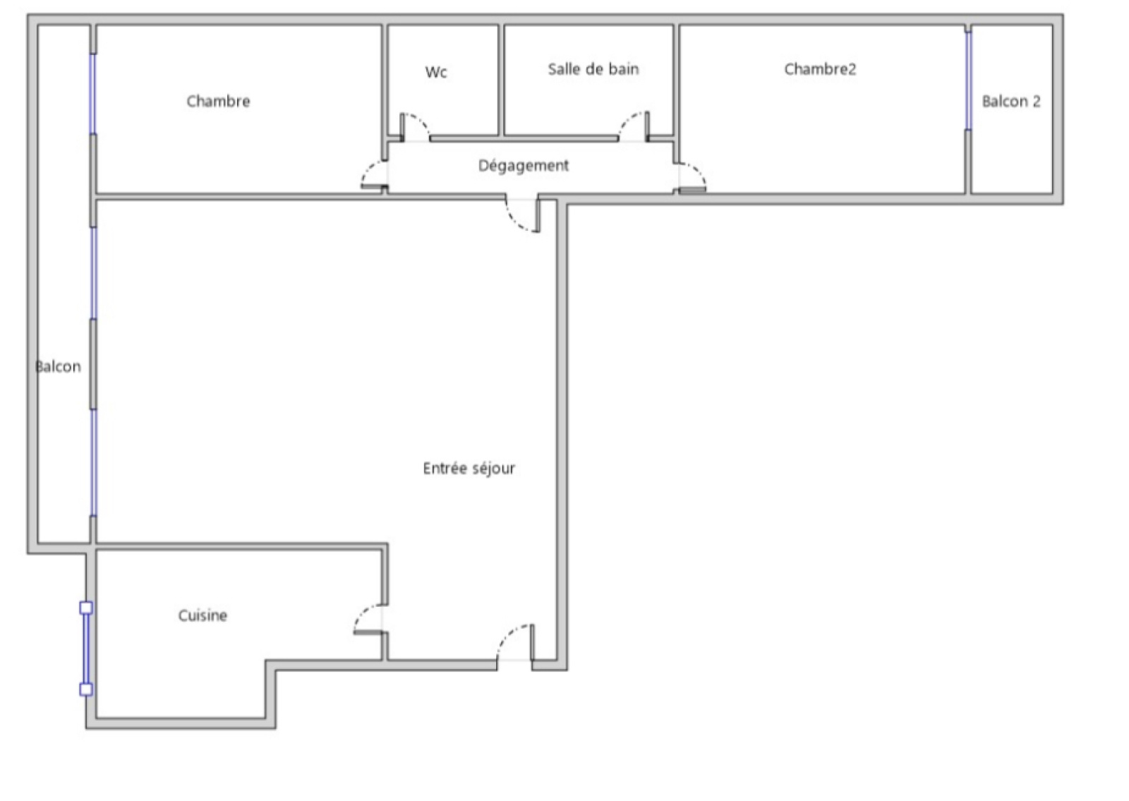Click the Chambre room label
coord(218,102)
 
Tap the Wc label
coord(436,72)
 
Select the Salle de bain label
coord(593,69)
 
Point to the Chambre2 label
coord(820,69)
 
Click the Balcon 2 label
coord(1011,102)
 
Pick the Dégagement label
coord(523,165)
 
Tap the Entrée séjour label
coord(469,469)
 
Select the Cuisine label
coord(203,615)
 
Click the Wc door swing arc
coord(419,120)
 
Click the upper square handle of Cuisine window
coord(86,608)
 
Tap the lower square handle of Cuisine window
coord(86,689)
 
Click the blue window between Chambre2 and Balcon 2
coord(968,80)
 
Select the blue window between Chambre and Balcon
coord(92,94)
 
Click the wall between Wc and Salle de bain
coord(502,80)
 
